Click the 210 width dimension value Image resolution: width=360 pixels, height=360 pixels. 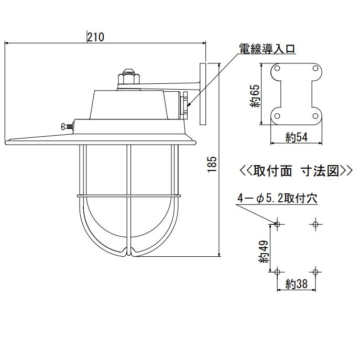95,37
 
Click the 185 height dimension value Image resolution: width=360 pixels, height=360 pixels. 212,165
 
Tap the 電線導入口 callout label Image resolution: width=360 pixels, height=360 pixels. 267,49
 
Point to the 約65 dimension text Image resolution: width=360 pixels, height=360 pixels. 255,96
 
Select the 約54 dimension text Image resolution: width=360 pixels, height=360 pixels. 296,137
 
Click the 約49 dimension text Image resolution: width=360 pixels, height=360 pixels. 264,252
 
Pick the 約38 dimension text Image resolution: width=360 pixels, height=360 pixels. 296,284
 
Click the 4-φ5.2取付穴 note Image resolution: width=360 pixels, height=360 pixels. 277,198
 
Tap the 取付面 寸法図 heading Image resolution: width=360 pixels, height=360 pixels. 296,171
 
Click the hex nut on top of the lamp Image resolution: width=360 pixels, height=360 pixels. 128,79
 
